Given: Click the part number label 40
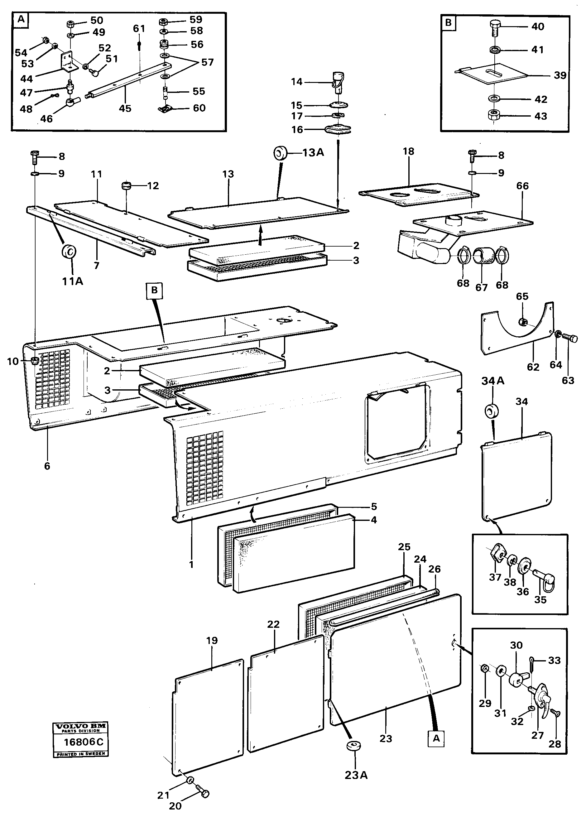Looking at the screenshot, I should [x=537, y=27].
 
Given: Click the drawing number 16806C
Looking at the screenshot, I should [x=83, y=742].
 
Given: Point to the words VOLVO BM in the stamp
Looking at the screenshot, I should [x=80, y=726].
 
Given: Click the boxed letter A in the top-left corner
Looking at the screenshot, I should [x=21, y=19].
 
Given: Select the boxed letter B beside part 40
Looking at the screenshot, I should [x=448, y=22].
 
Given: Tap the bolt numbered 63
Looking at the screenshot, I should [x=569, y=338].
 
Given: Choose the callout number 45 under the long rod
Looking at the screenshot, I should [x=125, y=108].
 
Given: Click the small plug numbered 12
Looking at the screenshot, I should [x=127, y=186].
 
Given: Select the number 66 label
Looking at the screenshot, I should [x=522, y=186].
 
